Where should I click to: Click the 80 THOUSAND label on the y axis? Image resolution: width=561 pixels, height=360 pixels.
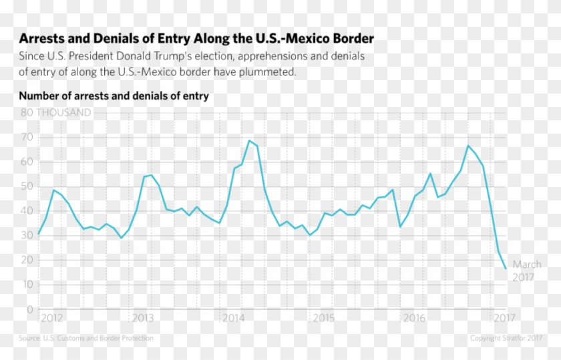55,113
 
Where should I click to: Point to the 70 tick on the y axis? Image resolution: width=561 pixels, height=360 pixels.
27,138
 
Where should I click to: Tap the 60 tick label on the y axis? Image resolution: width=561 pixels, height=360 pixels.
27,162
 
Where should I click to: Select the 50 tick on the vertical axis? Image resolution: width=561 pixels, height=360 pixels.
27,186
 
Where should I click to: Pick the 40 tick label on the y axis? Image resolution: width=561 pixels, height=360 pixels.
27,211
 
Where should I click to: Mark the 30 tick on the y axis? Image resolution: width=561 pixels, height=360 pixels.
27,236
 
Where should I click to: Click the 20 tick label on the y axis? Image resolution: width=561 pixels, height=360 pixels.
27,260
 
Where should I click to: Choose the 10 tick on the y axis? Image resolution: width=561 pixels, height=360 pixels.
27,285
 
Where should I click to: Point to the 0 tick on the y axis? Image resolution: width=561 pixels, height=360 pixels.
30,309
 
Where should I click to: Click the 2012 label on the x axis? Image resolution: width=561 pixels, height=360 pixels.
52,318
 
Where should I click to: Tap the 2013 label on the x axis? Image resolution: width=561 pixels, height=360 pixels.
143,318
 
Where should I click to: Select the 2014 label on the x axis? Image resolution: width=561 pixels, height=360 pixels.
233,318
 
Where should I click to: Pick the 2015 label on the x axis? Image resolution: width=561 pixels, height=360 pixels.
324,318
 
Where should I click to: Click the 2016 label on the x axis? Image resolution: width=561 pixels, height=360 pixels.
414,318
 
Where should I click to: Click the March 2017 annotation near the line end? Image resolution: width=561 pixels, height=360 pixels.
527,271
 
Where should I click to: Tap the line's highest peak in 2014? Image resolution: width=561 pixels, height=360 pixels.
249,140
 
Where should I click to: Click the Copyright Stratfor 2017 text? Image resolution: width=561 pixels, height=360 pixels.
506,339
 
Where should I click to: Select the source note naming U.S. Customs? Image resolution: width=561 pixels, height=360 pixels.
86,339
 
